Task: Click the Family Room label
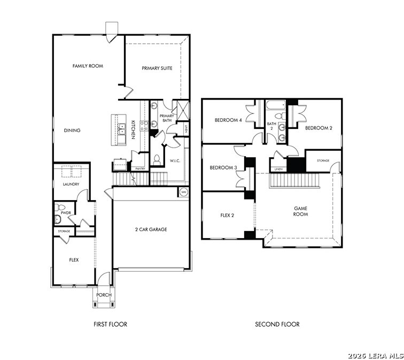coord(88,66)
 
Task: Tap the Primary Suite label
coord(157,68)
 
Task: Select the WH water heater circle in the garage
coord(183,192)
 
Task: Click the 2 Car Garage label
coord(151,229)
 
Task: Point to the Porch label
coord(104,295)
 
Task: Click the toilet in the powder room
coord(60,207)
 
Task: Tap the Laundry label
coord(71,185)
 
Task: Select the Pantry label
coord(140,168)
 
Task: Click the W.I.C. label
coord(175,161)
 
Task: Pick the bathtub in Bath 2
coord(276,105)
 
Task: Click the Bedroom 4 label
coord(228,120)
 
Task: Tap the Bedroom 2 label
coord(318,128)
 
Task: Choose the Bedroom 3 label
coord(223,168)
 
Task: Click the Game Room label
coord(300,211)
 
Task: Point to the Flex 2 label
coord(227,216)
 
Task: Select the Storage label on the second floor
coord(323,160)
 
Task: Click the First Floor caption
coord(110,324)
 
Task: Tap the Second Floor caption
coord(277,324)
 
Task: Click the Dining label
coord(72,131)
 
